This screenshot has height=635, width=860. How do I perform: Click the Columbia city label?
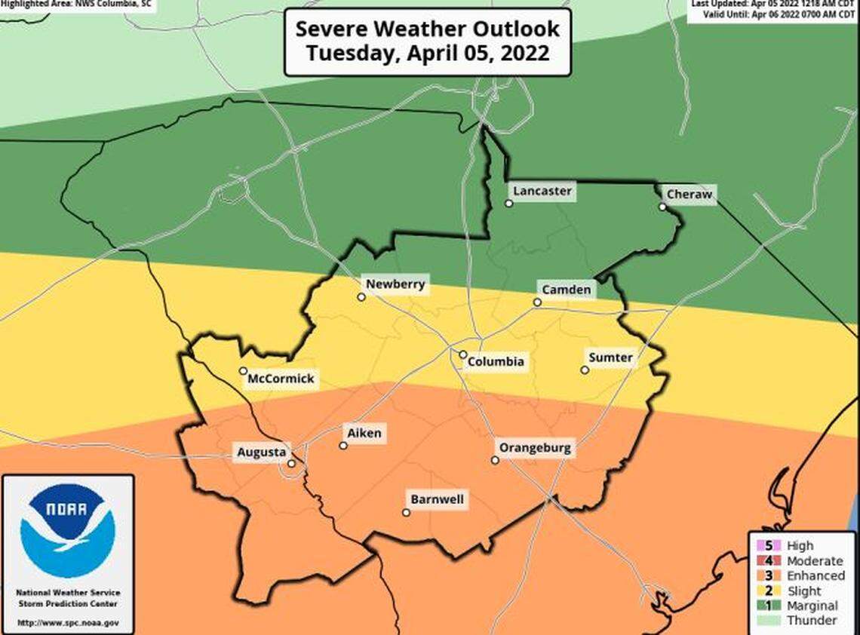point(495,361)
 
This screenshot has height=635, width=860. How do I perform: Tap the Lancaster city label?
point(542,191)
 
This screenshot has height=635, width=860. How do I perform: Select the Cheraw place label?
point(689,195)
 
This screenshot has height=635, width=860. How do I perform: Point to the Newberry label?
point(395,284)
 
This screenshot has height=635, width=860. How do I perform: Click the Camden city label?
point(565,290)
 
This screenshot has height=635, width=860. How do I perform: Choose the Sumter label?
point(610,357)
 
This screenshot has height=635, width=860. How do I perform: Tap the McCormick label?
point(281,379)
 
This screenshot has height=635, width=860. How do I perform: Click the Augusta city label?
point(261,452)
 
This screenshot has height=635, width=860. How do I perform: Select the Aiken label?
point(364,433)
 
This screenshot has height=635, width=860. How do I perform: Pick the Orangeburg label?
point(535,448)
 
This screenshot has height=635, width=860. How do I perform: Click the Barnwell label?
point(438,499)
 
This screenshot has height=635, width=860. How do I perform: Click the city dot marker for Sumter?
point(585,370)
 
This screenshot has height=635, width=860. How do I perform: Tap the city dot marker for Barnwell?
point(406,513)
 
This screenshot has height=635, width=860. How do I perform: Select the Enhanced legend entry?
point(815,575)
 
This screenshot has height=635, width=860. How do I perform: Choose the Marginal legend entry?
point(812,606)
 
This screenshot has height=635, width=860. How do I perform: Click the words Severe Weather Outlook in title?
point(427,29)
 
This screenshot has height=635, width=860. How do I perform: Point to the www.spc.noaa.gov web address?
point(68,622)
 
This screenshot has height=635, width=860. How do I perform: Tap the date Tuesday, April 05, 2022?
point(427,54)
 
